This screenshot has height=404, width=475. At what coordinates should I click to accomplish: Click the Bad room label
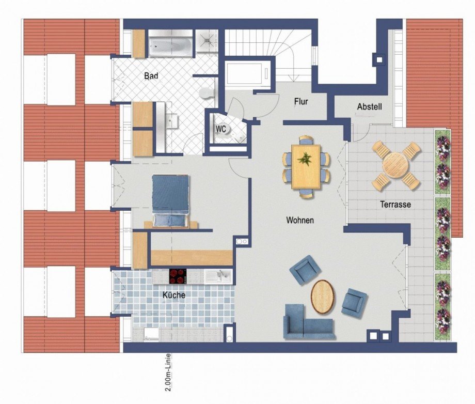[151, 76]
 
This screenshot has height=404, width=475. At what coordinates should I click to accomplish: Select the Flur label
[300, 102]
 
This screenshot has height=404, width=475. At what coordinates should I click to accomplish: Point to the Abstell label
[369, 107]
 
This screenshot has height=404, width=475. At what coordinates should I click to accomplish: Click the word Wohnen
[300, 220]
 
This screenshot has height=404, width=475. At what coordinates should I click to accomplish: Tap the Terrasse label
[396, 205]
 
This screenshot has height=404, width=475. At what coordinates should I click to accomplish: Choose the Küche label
[173, 295]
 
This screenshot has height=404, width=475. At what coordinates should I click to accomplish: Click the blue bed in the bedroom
[170, 199]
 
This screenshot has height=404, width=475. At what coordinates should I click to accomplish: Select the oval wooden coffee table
[323, 296]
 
